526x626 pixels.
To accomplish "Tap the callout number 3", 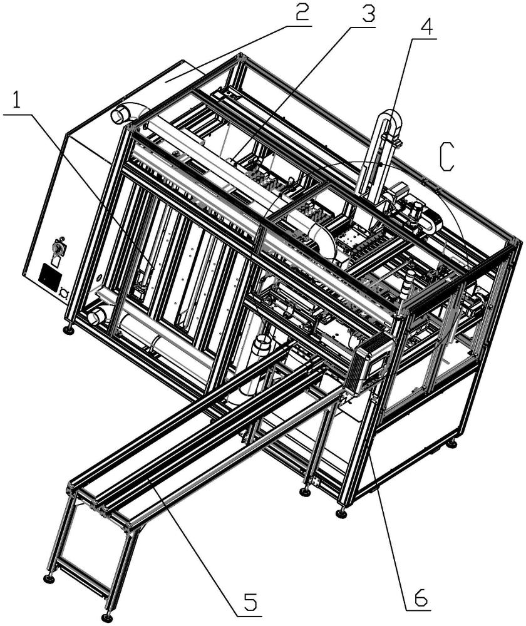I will tap(364, 16).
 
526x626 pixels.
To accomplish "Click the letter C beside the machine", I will tap(446, 156).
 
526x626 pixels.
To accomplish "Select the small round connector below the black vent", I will tap(63, 290).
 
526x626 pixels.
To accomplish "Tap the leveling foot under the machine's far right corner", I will tap(451, 444).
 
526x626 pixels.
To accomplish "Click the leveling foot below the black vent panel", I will tap(68, 329).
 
